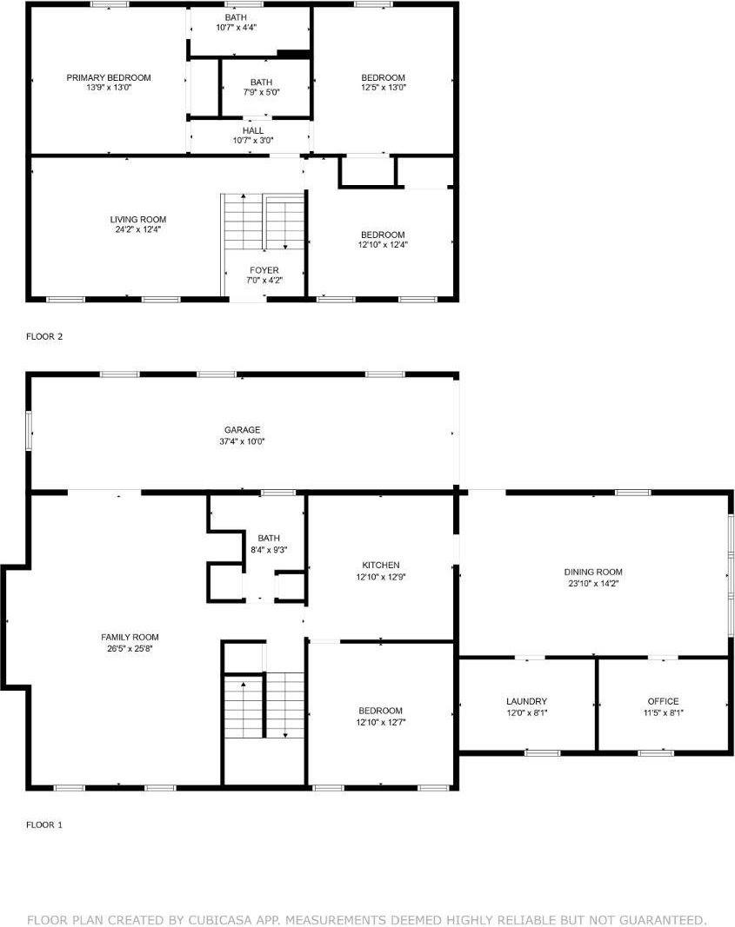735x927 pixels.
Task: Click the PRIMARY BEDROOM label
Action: (109, 77)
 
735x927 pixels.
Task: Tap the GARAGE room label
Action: (242, 430)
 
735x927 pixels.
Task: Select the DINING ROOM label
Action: (593, 572)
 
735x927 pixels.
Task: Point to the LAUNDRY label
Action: (527, 701)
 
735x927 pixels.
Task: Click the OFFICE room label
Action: (663, 701)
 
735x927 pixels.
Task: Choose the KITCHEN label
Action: (380, 566)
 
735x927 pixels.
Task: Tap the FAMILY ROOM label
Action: (130, 637)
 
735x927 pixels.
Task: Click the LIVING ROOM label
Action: (138, 219)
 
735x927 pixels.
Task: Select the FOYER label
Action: (264, 270)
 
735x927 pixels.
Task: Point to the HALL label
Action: (253, 130)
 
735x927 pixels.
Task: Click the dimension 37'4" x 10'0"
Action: (242, 441)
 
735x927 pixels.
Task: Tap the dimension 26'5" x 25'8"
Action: (130, 648)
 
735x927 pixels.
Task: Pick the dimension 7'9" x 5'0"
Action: (261, 92)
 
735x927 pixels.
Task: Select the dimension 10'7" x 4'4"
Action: (236, 27)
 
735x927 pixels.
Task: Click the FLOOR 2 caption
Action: (43, 336)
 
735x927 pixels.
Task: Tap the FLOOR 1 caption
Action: (43, 824)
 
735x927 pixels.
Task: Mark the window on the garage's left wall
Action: (29, 430)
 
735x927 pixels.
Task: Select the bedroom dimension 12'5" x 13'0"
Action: (383, 88)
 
